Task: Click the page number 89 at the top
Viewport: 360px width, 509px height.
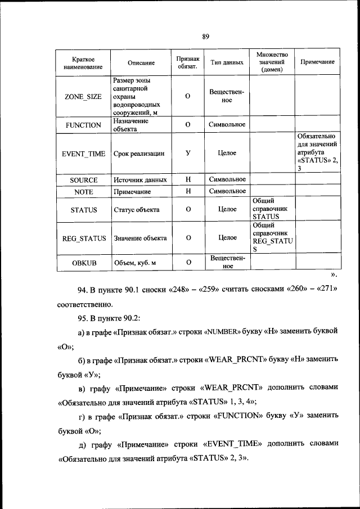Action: [x=205, y=37]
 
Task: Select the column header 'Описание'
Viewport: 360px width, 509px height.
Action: [x=141, y=63]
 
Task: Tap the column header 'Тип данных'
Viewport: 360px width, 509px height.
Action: [x=227, y=63]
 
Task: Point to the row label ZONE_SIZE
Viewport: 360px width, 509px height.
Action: [x=83, y=96]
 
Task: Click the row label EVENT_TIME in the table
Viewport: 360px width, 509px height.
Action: [x=83, y=153]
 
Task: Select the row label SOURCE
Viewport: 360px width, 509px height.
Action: [x=83, y=180]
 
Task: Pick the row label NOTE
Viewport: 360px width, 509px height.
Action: [x=83, y=192]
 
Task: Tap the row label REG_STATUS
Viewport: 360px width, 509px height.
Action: [x=83, y=238]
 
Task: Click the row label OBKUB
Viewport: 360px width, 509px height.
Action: [x=83, y=263]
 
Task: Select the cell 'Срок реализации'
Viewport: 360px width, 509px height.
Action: [x=139, y=153]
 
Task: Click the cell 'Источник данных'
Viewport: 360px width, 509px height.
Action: [x=140, y=180]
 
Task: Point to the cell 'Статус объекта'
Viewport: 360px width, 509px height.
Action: [x=136, y=210]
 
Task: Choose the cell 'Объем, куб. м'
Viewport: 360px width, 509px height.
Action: [x=135, y=263]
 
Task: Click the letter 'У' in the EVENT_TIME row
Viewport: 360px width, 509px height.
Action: [x=187, y=152]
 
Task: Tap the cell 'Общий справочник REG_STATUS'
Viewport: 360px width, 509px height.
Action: [x=272, y=237]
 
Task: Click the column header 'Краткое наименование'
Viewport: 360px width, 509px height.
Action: [x=83, y=63]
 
